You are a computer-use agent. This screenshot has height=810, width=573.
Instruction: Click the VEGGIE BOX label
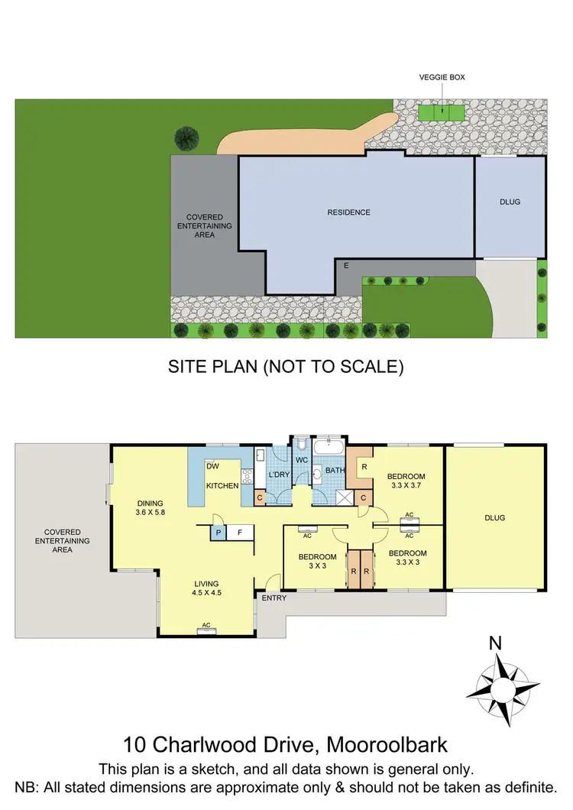point(442,77)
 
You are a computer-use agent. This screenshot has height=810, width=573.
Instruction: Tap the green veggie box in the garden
point(442,113)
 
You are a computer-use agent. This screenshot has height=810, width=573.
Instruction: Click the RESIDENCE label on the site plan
point(348,212)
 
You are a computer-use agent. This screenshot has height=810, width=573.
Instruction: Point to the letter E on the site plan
point(346,265)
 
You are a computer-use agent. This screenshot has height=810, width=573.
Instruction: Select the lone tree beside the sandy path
point(185,138)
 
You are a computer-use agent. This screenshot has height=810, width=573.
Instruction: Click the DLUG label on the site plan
point(510,202)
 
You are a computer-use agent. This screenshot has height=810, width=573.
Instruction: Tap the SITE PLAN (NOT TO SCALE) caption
point(286,367)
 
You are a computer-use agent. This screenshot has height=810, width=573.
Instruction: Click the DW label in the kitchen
point(213,466)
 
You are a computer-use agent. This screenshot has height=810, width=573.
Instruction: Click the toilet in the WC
point(303,446)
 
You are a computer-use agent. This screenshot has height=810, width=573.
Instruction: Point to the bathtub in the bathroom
point(330,445)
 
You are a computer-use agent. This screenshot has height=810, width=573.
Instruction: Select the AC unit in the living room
point(206,630)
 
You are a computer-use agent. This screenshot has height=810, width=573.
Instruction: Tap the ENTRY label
point(274,598)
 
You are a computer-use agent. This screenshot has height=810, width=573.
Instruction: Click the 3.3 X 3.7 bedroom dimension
point(406,486)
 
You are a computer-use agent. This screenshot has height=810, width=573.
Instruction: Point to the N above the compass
point(495,643)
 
